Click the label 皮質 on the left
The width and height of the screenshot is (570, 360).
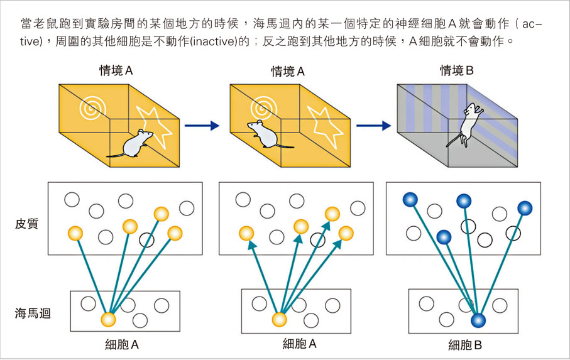pyautogui.click(x=26, y=224)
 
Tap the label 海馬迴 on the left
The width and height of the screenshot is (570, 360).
pyautogui.click(x=31, y=312)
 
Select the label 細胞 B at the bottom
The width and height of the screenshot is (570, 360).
pyautogui.click(x=464, y=344)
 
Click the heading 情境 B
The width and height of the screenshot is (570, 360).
pyautogui.click(x=456, y=71)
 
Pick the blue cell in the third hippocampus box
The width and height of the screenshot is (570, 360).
pyautogui.click(x=479, y=320)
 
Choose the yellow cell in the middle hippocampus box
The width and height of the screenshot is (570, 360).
pyautogui.click(x=279, y=319)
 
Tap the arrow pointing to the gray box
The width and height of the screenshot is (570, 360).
pyautogui.click(x=373, y=126)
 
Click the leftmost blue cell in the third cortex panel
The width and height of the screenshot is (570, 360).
pyautogui.click(x=410, y=200)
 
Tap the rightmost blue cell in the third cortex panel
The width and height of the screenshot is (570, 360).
pyautogui.click(x=524, y=208)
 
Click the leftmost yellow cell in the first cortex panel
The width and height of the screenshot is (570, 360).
pyautogui.click(x=75, y=233)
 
